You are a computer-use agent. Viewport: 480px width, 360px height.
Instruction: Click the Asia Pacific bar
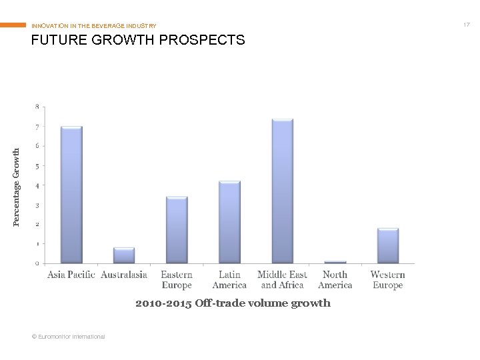(x=71, y=195)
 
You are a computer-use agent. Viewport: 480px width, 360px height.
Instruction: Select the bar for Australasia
(x=124, y=255)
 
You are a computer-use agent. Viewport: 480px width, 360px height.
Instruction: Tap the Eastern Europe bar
(x=177, y=230)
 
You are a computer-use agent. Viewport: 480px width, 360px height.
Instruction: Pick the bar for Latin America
(x=229, y=222)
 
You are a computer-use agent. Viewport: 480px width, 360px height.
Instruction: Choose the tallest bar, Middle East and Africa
(x=282, y=191)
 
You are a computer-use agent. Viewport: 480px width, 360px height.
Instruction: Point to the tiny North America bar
(x=335, y=262)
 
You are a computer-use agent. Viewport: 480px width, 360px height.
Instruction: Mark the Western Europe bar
(x=387, y=246)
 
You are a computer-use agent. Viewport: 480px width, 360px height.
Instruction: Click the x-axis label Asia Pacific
(x=71, y=275)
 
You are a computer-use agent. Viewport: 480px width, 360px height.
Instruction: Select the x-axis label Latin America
(x=229, y=280)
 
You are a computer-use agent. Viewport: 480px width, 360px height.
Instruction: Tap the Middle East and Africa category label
(x=282, y=280)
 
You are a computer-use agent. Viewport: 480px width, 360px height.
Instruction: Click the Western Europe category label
(x=387, y=280)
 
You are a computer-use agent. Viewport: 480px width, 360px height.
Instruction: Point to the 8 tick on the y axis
(x=37, y=107)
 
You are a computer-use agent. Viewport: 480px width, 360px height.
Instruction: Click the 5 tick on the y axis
(x=37, y=166)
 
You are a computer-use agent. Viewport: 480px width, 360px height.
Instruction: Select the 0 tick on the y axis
(x=37, y=264)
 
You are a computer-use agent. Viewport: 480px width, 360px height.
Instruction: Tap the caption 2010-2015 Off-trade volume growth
(x=233, y=303)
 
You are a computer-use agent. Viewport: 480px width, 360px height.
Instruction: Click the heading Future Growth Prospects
(x=138, y=40)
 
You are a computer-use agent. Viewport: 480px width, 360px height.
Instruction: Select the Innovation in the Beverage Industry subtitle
(x=94, y=26)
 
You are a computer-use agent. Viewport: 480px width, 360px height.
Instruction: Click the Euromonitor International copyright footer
(x=69, y=337)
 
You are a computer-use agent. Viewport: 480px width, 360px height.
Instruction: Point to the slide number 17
(x=467, y=25)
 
